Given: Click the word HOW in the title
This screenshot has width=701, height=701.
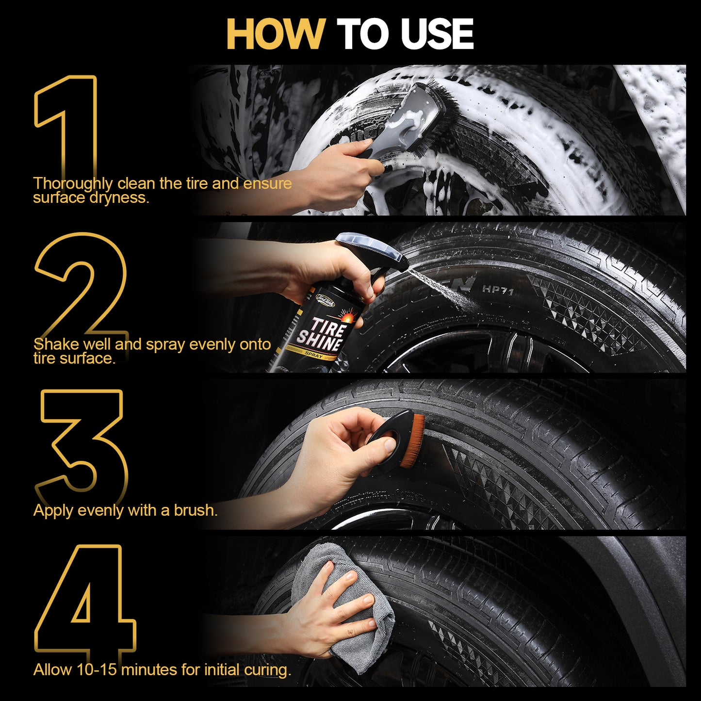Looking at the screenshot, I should click(x=275, y=34).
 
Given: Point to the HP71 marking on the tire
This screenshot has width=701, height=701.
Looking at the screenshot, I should click(x=497, y=290).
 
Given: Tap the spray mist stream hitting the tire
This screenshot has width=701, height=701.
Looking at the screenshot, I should click(x=439, y=289).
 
